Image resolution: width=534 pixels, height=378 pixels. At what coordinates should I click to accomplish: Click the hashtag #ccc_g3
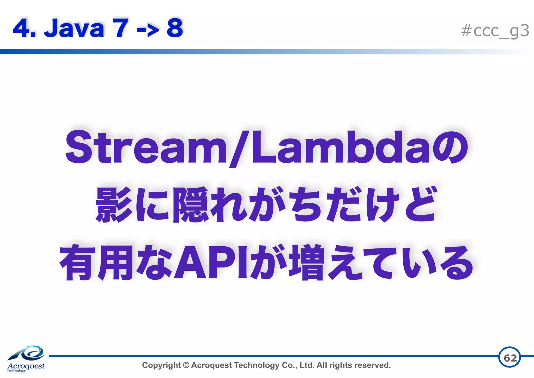(495, 31)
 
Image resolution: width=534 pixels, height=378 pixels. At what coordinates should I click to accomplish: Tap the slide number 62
(510, 358)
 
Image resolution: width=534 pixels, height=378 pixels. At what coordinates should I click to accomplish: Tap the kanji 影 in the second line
(114, 205)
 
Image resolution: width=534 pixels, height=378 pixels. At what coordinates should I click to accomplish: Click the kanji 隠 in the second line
(191, 205)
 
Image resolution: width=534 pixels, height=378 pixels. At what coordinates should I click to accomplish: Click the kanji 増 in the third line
(308, 263)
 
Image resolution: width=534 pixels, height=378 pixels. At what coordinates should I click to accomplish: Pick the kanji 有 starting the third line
(77, 263)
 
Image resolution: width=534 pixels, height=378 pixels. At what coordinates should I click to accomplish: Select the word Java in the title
(74, 28)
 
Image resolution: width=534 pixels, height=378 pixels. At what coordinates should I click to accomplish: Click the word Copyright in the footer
(161, 365)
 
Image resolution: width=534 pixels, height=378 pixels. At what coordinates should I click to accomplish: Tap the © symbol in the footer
(186, 365)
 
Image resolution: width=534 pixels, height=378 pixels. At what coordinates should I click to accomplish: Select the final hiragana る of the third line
(458, 263)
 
